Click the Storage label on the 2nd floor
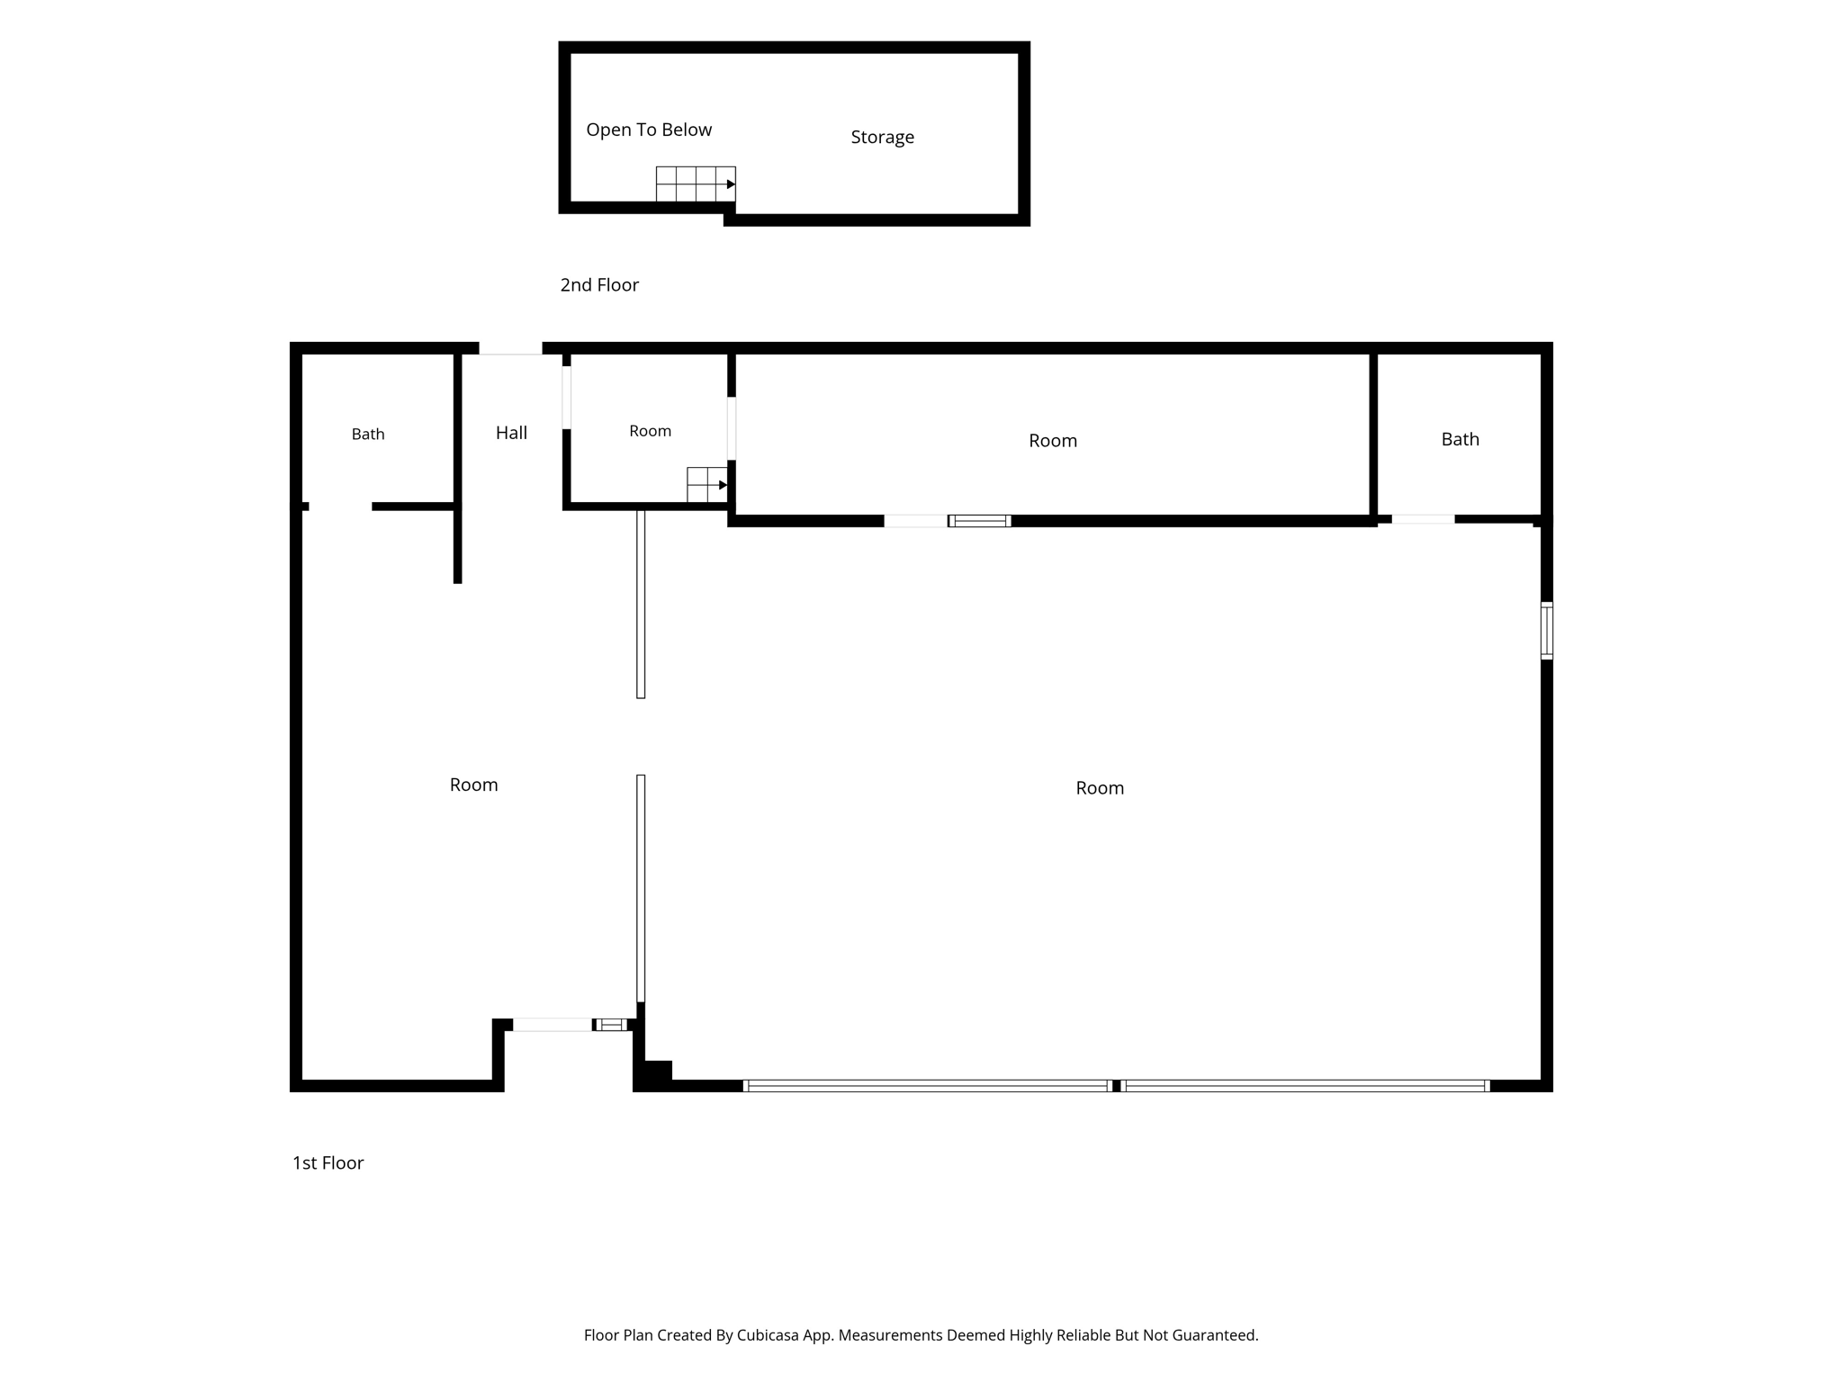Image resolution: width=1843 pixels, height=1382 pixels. pos(882,138)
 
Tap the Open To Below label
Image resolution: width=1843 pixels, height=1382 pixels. pos(649,130)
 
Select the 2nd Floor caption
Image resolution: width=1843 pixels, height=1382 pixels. pos(599,285)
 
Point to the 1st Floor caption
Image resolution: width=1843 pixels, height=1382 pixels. pos(328,1163)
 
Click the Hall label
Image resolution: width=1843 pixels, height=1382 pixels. pos(511,433)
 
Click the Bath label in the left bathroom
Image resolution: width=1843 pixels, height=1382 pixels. pos(368,435)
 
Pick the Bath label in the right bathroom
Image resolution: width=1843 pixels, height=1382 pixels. pos(1460,439)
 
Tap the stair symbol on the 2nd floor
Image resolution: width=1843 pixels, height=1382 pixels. pos(696,184)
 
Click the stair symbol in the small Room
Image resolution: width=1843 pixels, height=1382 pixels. pos(707,485)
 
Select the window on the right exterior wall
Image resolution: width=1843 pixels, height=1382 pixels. pos(1547,631)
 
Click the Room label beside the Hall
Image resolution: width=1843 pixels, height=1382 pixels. pos(650,431)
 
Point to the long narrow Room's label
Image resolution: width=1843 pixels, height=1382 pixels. pos(1053,441)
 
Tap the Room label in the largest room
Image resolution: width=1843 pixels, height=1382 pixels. pos(1100,788)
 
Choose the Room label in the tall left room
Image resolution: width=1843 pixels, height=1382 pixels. pos(473,785)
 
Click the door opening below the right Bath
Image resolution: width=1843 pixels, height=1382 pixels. pos(1423,519)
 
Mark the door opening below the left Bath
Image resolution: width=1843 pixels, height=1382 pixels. pos(340,507)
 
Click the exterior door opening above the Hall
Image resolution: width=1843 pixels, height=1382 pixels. pos(510,348)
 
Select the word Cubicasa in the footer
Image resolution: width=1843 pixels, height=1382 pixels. pos(769,1335)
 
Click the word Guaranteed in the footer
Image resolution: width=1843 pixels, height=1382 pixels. pos(1213,1335)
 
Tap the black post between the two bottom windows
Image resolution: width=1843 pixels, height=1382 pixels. pos(1116,1086)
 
